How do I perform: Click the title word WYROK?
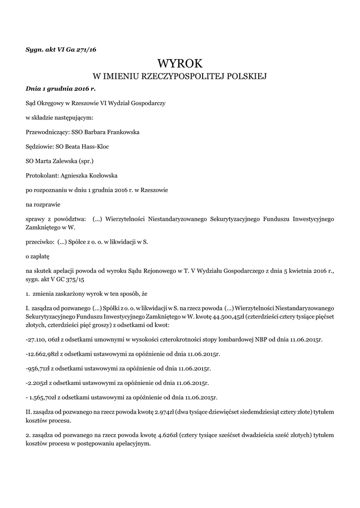[180, 63]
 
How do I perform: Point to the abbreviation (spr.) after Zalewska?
[83, 161]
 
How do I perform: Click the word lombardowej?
[246, 340]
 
